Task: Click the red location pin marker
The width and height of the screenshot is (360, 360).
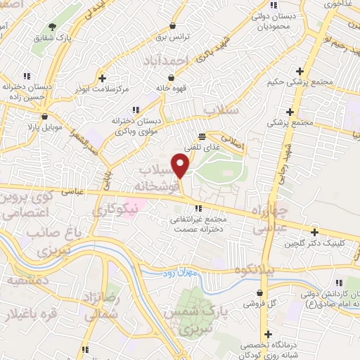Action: point(181,165)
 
